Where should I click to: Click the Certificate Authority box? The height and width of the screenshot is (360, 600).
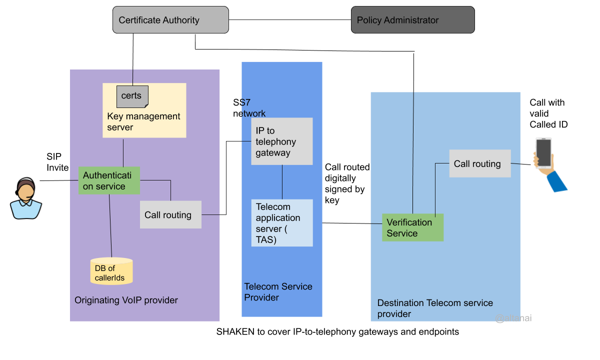(x=170, y=20)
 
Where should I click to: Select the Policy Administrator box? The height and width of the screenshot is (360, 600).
(x=412, y=20)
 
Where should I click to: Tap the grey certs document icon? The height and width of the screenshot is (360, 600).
(x=132, y=96)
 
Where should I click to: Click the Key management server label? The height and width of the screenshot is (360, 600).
(x=143, y=122)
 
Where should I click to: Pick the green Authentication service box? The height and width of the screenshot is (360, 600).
(x=109, y=180)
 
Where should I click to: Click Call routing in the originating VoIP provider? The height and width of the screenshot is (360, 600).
(x=170, y=214)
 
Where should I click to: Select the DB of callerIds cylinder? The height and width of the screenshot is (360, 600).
(x=111, y=271)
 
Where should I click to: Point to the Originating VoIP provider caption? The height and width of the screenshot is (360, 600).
(x=126, y=300)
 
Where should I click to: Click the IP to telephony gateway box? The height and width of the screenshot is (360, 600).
(x=282, y=141)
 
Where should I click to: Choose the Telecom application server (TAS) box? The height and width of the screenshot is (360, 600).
(x=282, y=223)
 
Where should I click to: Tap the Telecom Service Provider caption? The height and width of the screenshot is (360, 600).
(x=278, y=292)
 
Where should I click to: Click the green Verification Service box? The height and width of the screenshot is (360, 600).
(x=412, y=228)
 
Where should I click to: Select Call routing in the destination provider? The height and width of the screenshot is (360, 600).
(x=479, y=163)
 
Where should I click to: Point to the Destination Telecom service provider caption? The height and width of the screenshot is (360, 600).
(x=435, y=308)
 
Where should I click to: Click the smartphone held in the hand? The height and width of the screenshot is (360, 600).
(x=543, y=153)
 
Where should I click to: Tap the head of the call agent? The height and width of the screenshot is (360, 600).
(x=26, y=190)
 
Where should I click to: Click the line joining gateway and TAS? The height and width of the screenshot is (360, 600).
(x=282, y=182)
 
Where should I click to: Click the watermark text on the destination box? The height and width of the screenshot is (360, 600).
(x=513, y=318)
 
